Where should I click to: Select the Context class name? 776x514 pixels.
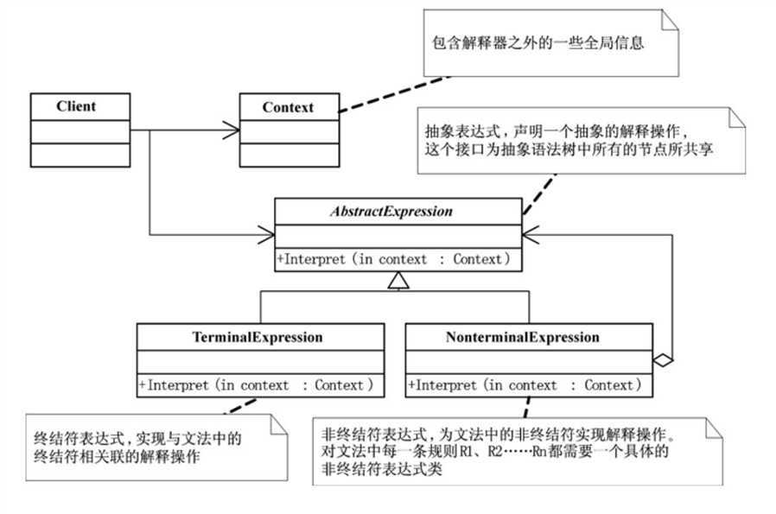pos(288,108)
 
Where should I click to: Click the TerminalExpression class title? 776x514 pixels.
pos(259,337)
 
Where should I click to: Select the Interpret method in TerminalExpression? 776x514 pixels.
pos(259,385)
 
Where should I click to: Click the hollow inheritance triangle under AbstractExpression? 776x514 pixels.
pos(397,279)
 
